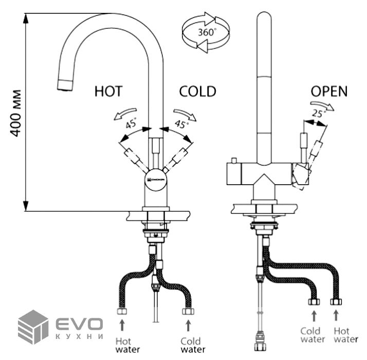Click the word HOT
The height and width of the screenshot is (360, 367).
108,92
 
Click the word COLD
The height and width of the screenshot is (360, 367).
197,92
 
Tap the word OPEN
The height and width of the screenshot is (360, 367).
329,92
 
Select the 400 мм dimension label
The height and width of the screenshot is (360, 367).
16,113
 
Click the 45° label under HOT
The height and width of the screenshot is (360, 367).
131,124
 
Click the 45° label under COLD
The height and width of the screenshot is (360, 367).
181,123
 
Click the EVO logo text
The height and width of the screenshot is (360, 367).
79,325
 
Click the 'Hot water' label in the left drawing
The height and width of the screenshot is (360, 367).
123,345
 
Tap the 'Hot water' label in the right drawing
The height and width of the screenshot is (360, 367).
345,335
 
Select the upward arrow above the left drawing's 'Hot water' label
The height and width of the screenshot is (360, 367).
122,325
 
